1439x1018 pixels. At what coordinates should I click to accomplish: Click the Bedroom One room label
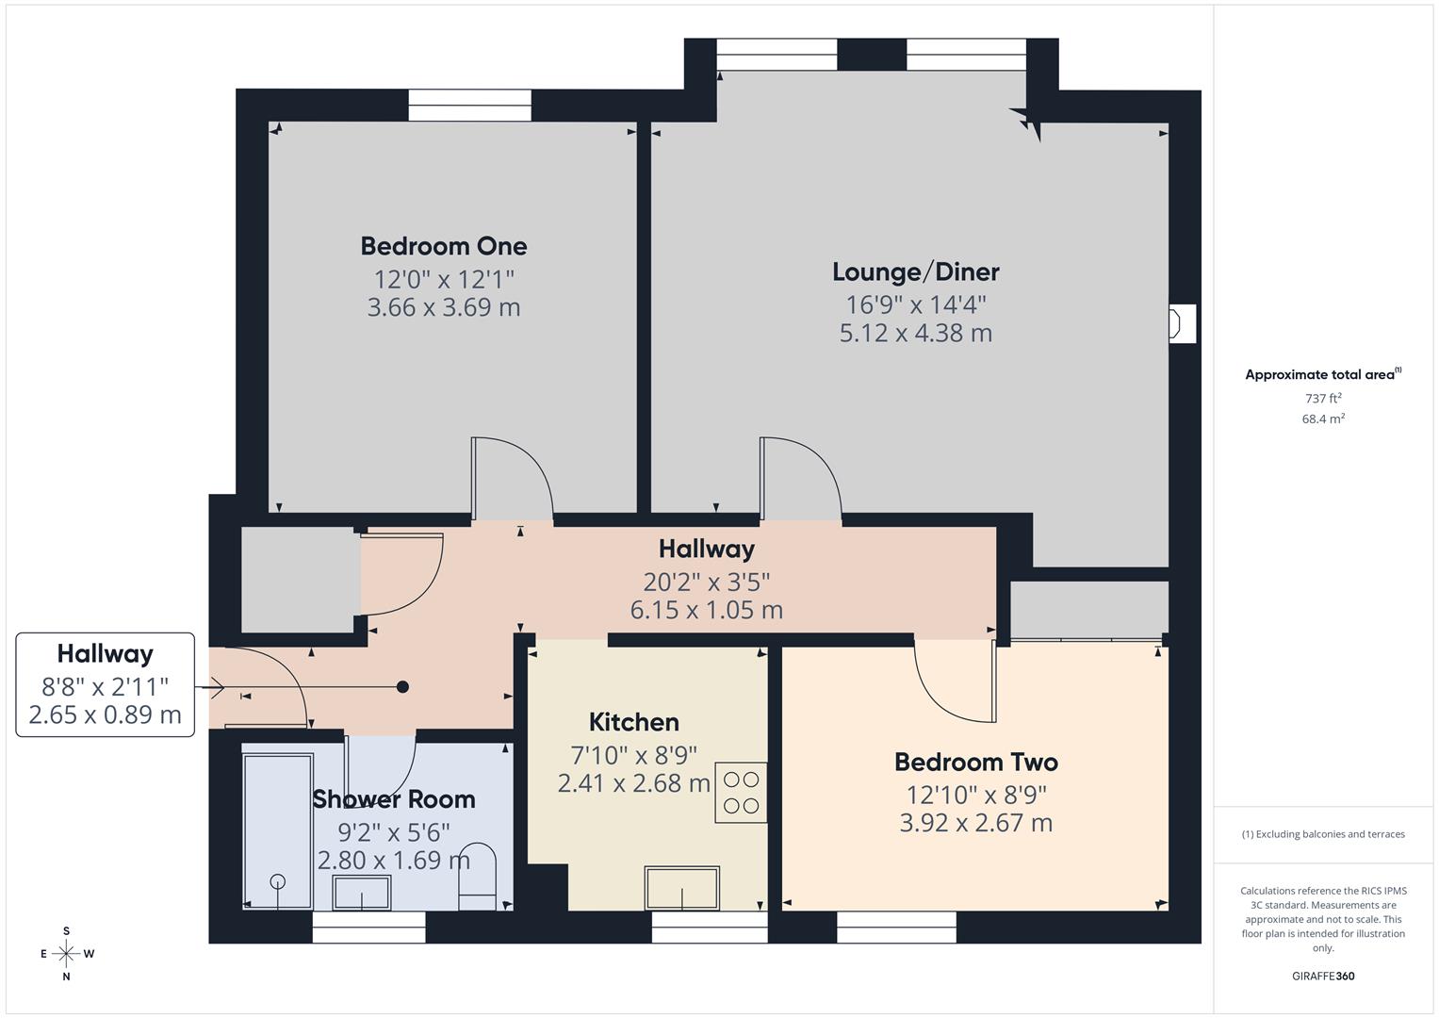coord(443,246)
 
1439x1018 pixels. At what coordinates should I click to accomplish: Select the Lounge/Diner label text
coord(915,272)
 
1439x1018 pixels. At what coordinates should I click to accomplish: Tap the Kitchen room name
coord(633,722)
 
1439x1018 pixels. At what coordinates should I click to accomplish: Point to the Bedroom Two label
coord(975,762)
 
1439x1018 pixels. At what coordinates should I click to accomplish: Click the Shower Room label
coord(393,799)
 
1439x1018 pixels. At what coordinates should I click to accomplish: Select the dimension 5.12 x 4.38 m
coord(915,333)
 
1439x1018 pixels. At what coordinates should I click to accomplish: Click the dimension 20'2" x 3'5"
coord(706,582)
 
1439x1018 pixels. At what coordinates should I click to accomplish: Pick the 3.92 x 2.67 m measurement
coord(975,823)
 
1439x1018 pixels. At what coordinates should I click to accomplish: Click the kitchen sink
coord(681,888)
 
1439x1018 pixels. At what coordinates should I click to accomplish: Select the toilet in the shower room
coord(477,877)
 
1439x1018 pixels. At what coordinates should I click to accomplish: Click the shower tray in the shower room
coord(277,829)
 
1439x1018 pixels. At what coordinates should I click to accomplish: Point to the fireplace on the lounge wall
coord(1181,323)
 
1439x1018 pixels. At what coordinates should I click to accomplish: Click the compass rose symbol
coord(66,953)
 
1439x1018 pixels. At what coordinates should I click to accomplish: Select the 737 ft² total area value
coord(1322,399)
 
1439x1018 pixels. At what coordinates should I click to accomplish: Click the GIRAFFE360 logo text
coord(1322,976)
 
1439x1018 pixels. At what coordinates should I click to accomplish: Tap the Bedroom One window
coord(469,105)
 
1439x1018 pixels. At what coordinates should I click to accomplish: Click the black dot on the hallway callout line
coord(402,687)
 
